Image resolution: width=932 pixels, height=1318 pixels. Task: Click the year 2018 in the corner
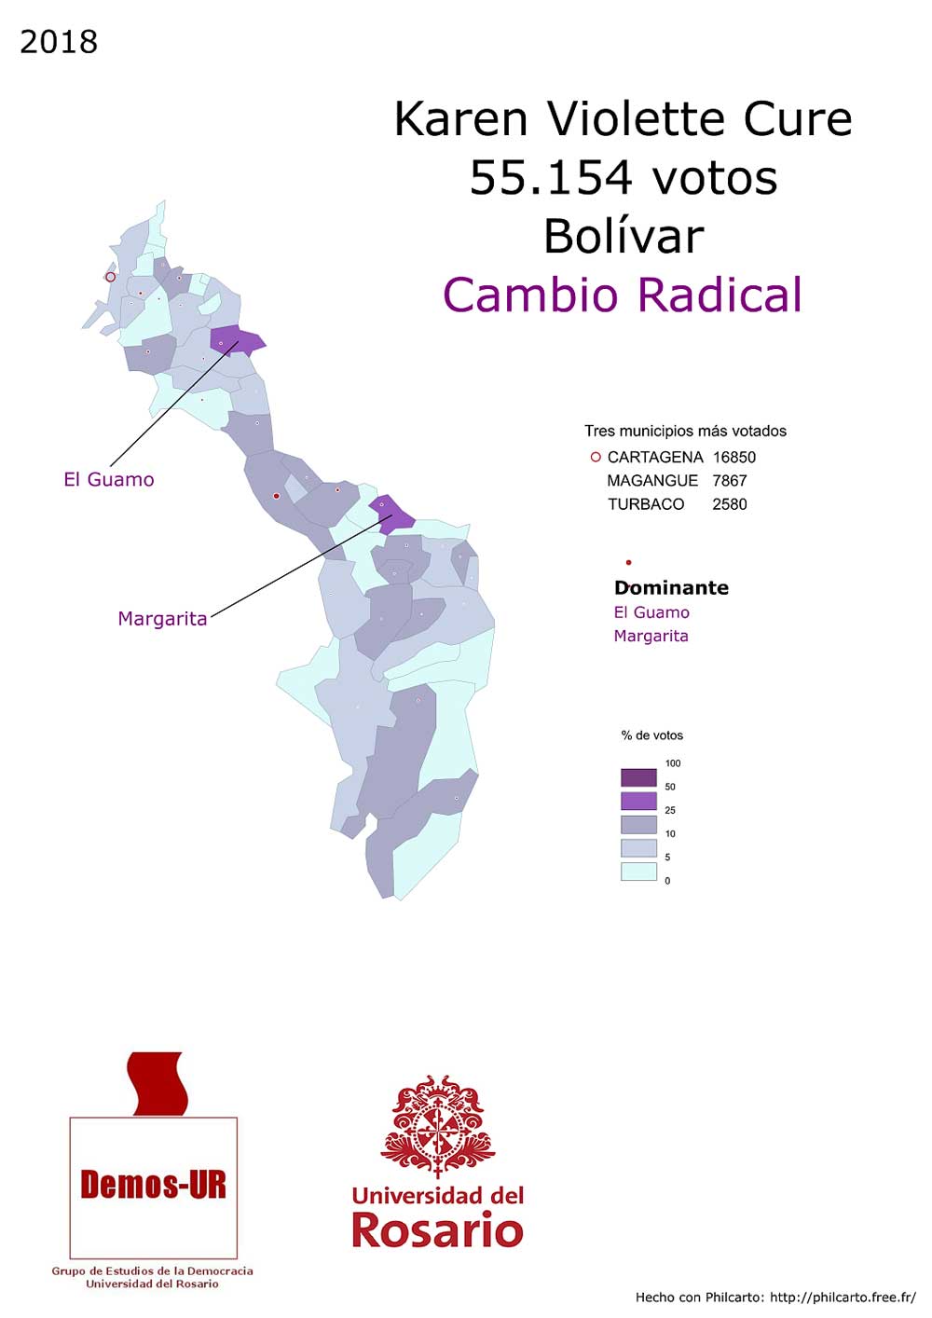point(59,42)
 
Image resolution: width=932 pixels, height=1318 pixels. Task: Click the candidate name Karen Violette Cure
point(623,119)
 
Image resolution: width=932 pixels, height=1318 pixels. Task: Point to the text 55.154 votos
point(623,177)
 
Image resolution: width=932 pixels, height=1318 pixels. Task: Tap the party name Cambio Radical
point(623,295)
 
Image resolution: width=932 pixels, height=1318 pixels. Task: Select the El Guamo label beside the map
point(109,480)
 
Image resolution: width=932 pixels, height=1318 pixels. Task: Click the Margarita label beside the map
point(162,619)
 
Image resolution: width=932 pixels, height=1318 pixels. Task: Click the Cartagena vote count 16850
point(734,458)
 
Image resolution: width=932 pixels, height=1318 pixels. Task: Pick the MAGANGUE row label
point(652,481)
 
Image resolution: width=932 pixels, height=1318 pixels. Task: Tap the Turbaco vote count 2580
point(730,504)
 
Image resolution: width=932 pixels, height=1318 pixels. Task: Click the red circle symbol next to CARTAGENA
point(596,458)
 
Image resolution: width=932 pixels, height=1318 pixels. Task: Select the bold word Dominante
point(671,588)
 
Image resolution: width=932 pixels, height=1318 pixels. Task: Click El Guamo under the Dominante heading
point(651,612)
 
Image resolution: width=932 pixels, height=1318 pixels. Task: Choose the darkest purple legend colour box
point(638,777)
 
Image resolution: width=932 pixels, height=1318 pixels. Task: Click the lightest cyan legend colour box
point(638,872)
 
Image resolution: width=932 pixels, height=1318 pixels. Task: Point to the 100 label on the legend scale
point(673,763)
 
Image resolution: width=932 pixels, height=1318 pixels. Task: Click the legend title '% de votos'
point(652,735)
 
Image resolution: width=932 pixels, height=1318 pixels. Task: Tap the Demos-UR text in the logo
point(154,1185)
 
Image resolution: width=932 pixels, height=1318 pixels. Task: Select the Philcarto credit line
point(775,1297)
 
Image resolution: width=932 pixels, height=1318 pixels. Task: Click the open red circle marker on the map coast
point(110,277)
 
